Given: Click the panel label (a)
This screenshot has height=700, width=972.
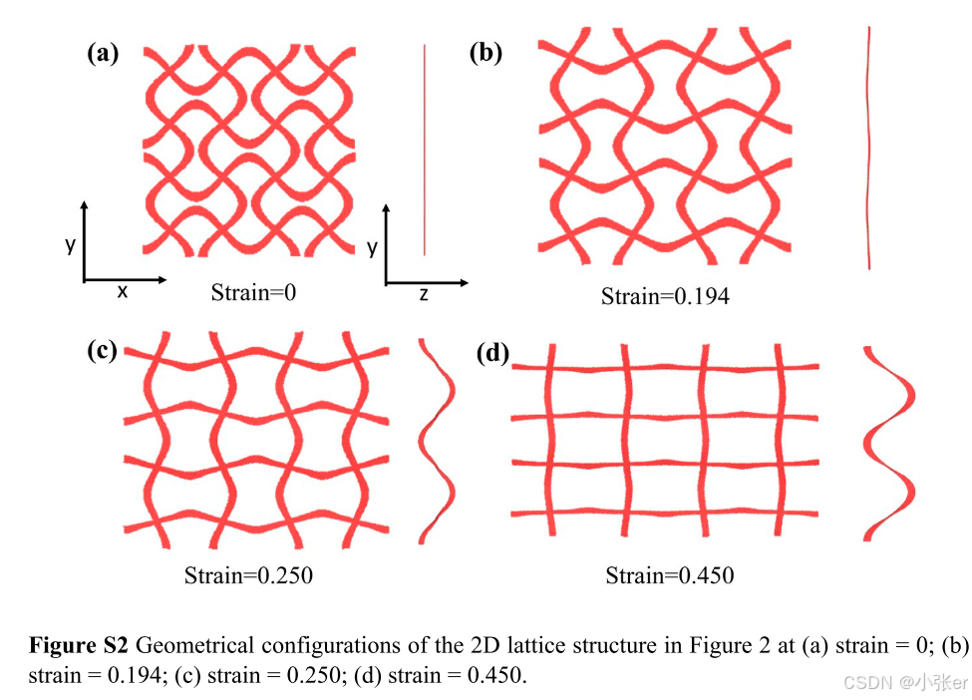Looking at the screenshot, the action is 104,54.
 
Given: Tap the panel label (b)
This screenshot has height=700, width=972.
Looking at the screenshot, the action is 486,54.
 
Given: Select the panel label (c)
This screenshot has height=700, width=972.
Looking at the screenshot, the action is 103,350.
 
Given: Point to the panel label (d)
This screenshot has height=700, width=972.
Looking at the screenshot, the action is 492,353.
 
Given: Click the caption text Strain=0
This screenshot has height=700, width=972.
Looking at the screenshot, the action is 254,292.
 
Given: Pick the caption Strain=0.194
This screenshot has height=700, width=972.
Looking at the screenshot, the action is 665,296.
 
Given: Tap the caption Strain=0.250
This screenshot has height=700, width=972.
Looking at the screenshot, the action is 248,575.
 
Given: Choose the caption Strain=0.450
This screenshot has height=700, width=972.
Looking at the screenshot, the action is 670,575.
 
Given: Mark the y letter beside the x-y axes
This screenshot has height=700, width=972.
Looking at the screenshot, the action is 70,244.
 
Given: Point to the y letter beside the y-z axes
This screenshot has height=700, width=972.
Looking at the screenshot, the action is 372,247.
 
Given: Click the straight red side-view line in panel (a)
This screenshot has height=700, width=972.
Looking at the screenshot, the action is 425,150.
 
